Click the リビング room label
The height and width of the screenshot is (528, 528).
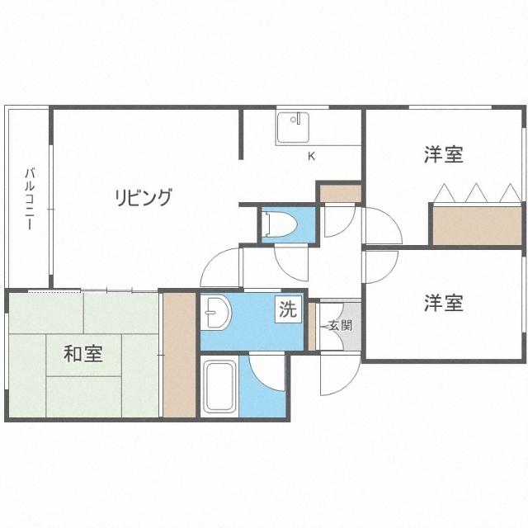(144, 197)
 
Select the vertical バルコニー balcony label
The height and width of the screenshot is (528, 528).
(29, 198)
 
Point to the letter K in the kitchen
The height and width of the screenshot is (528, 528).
(311, 156)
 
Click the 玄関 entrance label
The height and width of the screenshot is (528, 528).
(340, 325)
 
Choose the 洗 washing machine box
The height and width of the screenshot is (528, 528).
(286, 311)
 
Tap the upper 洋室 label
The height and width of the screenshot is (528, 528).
(443, 154)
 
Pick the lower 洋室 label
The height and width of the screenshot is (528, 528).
(443, 303)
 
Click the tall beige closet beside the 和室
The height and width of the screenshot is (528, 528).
(178, 354)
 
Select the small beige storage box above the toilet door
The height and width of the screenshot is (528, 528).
(340, 194)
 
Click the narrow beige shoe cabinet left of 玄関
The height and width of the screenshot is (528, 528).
(312, 325)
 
